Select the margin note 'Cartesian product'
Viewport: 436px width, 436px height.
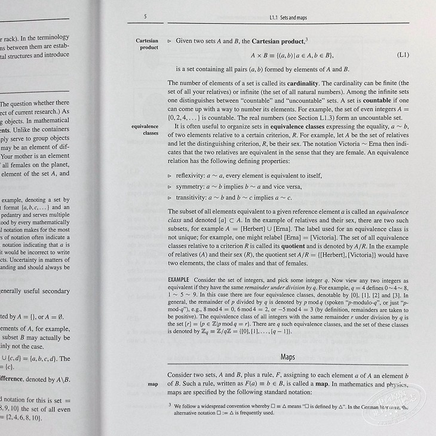(148, 45)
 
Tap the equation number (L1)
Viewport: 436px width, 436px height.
(403, 56)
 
